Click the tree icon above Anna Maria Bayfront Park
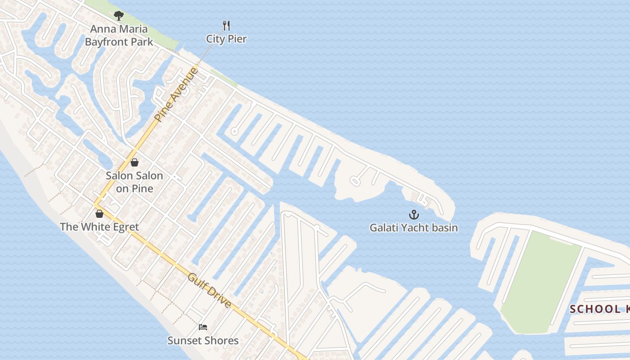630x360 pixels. pyautogui.click(x=119, y=16)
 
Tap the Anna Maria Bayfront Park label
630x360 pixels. pyautogui.click(x=119, y=36)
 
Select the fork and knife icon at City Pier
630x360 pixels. pyautogui.click(x=226, y=26)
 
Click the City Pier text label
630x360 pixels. pyautogui.click(x=226, y=39)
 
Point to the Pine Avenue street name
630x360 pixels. pyautogui.click(x=176, y=94)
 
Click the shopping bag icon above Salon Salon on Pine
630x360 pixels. pyautogui.click(x=134, y=162)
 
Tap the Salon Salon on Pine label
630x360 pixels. pyautogui.click(x=134, y=182)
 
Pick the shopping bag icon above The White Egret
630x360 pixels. pyautogui.click(x=99, y=214)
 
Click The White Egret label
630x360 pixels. pyautogui.click(x=99, y=227)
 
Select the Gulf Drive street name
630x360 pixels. pyautogui.click(x=210, y=290)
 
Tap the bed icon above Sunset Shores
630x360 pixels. pyautogui.click(x=203, y=327)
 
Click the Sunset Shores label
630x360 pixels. pyautogui.click(x=203, y=340)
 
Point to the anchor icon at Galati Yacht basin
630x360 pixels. pyautogui.click(x=414, y=215)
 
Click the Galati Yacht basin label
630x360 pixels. pyautogui.click(x=414, y=228)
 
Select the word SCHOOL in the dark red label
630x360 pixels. pyautogui.click(x=588, y=309)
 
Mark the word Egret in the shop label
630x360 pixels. pyautogui.click(x=122, y=227)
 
